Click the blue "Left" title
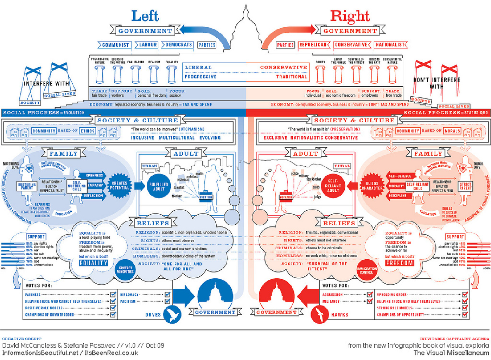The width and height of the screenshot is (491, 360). (x=145, y=16)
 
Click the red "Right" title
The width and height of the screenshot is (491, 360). (x=350, y=16)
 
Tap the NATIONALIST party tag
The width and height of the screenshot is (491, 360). (x=391, y=45)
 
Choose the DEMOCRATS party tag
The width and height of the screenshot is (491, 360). (x=178, y=45)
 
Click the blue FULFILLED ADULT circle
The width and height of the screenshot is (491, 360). (x=159, y=186)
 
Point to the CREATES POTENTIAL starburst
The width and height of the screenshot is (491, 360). (x=120, y=185)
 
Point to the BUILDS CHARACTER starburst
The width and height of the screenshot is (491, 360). (x=372, y=186)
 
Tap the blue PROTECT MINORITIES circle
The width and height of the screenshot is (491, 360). (x=125, y=270)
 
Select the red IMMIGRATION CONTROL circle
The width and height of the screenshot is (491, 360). (x=366, y=270)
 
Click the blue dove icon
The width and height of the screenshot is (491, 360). (x=172, y=314)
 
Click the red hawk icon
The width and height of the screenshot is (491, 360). (x=320, y=315)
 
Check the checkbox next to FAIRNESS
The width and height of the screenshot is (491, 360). (x=113, y=294)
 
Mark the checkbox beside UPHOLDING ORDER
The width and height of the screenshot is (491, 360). (x=465, y=294)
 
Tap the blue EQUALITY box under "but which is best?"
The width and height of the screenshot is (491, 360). (x=93, y=263)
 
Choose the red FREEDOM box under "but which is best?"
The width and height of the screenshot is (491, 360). (x=399, y=263)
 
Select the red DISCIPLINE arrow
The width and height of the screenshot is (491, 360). (x=398, y=196)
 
